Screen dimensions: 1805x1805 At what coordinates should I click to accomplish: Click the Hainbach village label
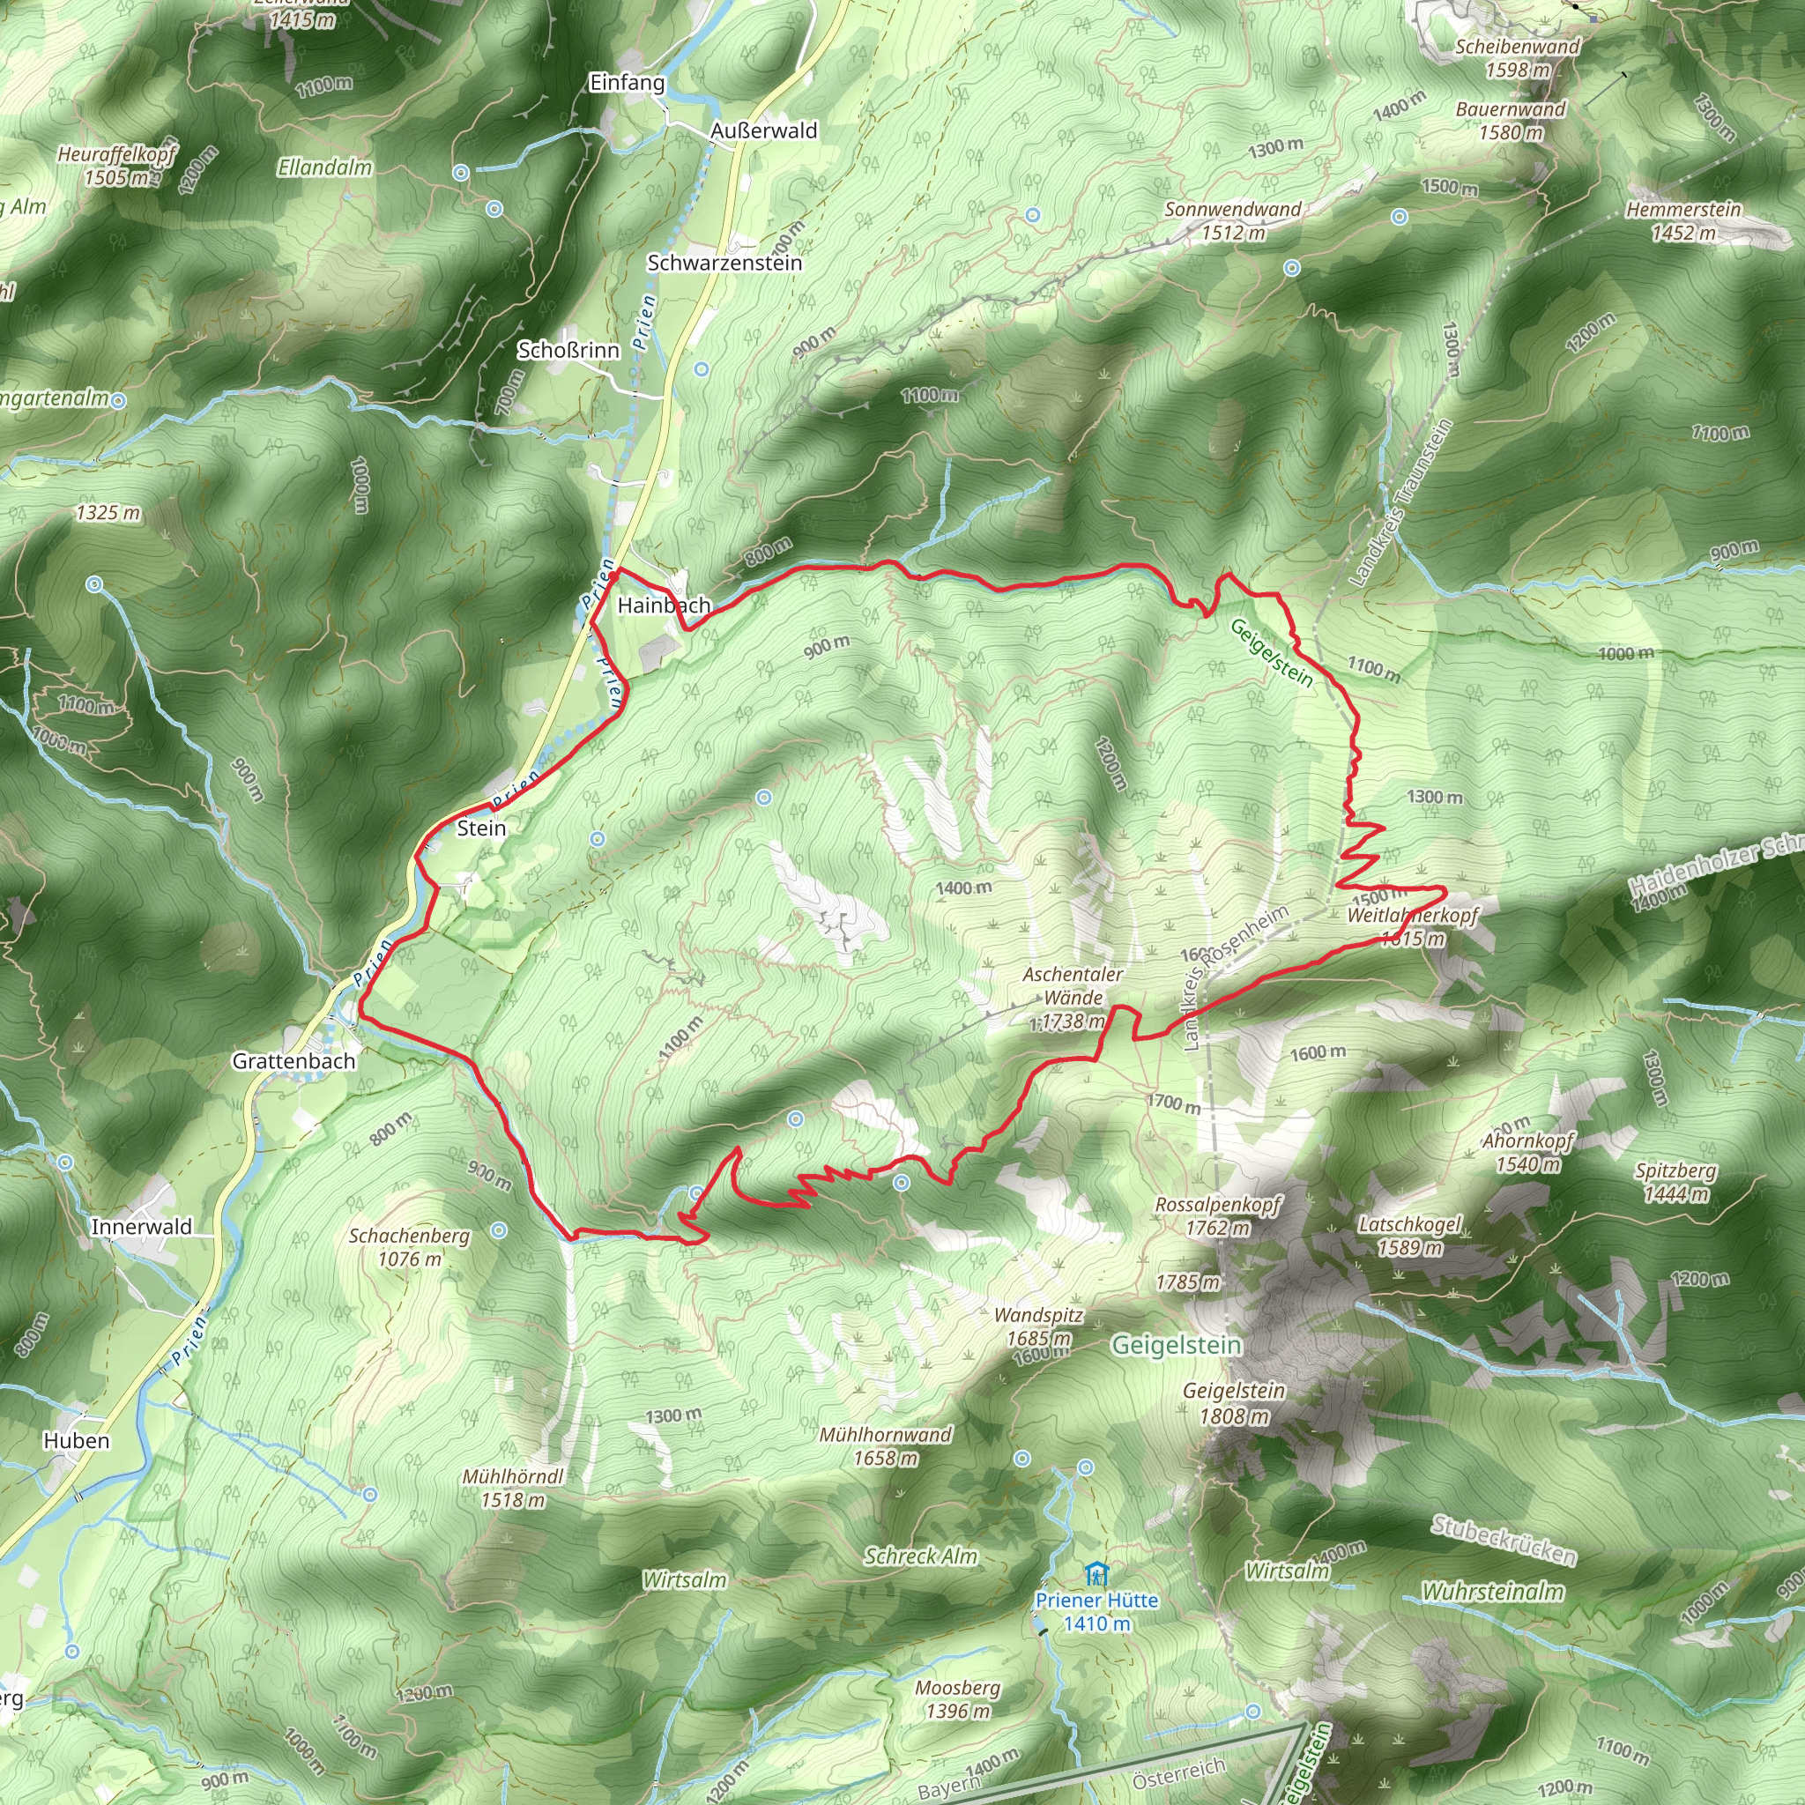tap(664, 605)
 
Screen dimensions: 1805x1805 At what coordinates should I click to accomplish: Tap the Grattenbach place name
tap(293, 1061)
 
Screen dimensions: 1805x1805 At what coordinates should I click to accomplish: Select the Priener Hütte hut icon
tap(1096, 1574)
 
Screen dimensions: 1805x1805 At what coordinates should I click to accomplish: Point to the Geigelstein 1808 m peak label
tap(1234, 1403)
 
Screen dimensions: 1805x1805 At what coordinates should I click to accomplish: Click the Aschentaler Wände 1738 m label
tap(1072, 998)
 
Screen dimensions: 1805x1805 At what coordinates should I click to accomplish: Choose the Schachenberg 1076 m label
tap(409, 1247)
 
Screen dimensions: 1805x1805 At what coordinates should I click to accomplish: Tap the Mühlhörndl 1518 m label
tap(513, 1489)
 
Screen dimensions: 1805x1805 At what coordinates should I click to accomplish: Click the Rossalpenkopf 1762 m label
tap(1217, 1216)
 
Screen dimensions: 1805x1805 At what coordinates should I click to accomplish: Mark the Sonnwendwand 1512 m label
tap(1232, 220)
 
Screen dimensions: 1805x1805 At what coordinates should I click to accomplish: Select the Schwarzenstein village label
tap(724, 263)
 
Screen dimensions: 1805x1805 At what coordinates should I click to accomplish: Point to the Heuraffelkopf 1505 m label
tap(115, 166)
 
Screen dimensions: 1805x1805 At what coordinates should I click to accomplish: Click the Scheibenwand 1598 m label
tap(1518, 58)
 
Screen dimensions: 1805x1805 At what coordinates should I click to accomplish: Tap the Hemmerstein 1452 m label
tap(1683, 221)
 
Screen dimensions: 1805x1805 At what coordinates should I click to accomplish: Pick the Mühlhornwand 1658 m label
tap(885, 1446)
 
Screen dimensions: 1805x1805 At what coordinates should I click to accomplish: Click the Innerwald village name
tap(141, 1227)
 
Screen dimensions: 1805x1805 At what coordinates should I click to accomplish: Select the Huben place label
tap(77, 1441)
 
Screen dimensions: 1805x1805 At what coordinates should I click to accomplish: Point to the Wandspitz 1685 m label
tap(1038, 1326)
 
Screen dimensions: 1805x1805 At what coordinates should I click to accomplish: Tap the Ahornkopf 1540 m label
tap(1527, 1152)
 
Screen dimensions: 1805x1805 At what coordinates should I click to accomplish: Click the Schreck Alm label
tap(920, 1556)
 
